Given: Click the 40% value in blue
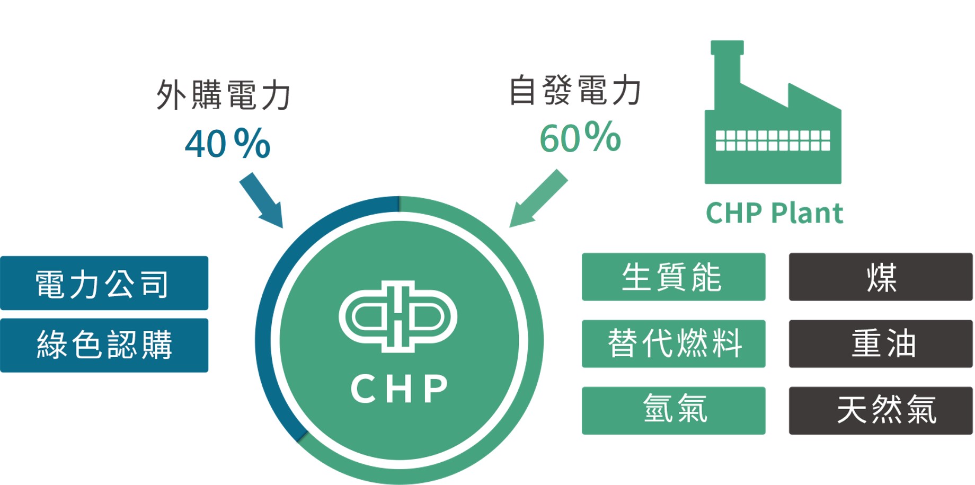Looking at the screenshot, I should (227, 144).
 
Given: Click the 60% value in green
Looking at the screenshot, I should (580, 138).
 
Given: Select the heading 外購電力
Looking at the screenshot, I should (223, 95).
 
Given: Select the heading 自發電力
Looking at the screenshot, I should (575, 90).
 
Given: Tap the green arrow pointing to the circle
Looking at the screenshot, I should (538, 199).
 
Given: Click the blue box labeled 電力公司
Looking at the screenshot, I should (104, 283).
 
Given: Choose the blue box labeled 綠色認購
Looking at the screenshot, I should (104, 345).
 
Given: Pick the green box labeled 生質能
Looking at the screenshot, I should (673, 277).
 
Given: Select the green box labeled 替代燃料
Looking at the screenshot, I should (673, 343).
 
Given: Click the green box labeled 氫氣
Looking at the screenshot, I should (673, 410).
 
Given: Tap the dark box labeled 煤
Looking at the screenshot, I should (880, 277).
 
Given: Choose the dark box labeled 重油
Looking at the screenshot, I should (880, 343).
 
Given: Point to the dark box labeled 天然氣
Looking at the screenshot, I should (880, 410).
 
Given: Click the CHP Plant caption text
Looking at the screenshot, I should (774, 213).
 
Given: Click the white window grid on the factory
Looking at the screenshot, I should (773, 140).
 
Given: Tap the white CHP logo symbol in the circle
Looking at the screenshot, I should (398, 316).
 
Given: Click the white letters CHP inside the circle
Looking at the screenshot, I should (400, 389).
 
